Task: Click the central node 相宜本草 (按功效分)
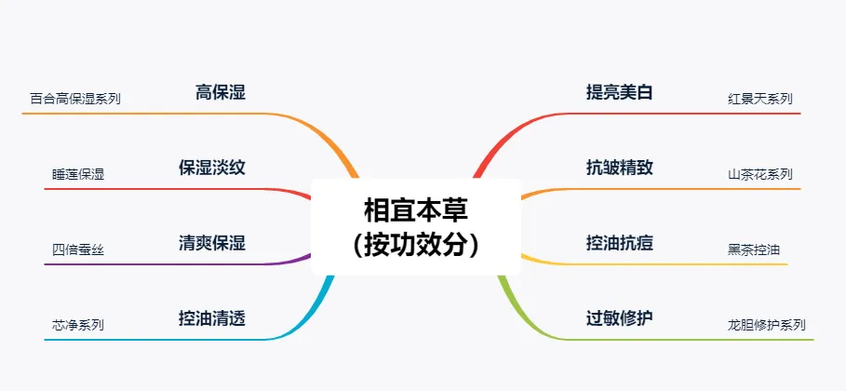(416, 227)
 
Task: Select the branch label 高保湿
(221, 92)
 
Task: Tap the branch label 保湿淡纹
(212, 168)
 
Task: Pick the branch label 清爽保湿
(212, 243)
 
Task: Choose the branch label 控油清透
(212, 318)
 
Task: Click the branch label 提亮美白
(620, 92)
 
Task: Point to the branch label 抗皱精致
(620, 168)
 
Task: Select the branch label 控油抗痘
(620, 243)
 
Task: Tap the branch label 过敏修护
(620, 318)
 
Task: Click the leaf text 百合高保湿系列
(75, 99)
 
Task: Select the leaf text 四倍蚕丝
(78, 250)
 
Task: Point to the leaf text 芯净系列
(78, 325)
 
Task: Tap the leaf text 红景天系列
(760, 99)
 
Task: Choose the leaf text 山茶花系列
(760, 174)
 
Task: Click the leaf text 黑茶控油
(754, 250)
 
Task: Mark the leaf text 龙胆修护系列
(767, 325)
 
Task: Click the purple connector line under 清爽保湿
(178, 264)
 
